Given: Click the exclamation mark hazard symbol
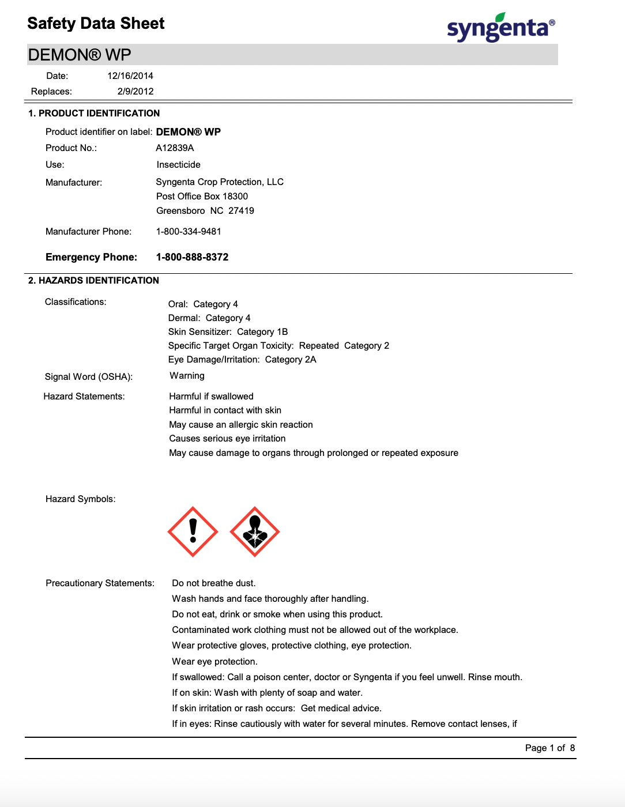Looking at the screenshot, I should point(193,531).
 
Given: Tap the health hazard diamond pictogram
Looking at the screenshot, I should point(255,531).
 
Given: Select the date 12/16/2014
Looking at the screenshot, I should point(130,76).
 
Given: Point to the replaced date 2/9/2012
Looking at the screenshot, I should point(135,91).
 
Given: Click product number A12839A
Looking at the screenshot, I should point(175,148).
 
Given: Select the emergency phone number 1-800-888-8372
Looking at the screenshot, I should point(192,257).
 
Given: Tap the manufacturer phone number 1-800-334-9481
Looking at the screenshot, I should point(189,231).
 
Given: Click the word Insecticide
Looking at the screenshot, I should point(178,164).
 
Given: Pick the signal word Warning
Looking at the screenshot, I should point(187,375).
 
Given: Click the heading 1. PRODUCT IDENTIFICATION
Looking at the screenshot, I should point(94,113).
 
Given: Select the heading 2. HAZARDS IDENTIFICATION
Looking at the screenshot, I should point(93,280).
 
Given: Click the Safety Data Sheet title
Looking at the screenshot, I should point(96,23).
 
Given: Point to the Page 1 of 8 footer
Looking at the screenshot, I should point(549,748).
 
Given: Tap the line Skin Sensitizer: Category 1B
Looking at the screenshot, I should point(228,331).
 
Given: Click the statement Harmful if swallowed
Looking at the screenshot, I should point(211,396).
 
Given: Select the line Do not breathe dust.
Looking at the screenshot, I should point(213,583).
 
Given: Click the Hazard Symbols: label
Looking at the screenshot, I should point(80,499).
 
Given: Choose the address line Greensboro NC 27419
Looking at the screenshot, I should point(205,210).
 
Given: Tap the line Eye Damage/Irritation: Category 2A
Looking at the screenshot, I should point(242,359).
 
